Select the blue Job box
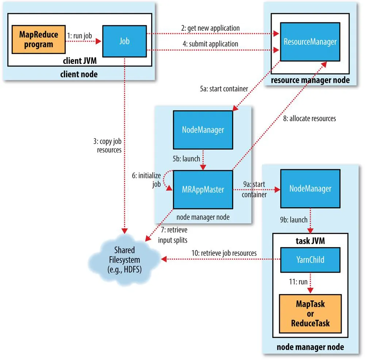pyautogui.click(x=124, y=41)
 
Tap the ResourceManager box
pyautogui.click(x=310, y=41)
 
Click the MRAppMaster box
pyautogui.click(x=203, y=190)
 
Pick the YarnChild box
pyautogui.click(x=310, y=260)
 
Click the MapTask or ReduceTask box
pyautogui.click(x=310, y=313)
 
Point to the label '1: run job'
pyautogui.click(x=79, y=36)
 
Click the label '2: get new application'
pyautogui.click(x=211, y=28)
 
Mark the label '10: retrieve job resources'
pyautogui.click(x=224, y=253)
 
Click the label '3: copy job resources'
pyautogui.click(x=109, y=145)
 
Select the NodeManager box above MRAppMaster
pyautogui.click(x=203, y=130)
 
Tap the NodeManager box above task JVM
pyautogui.click(x=310, y=189)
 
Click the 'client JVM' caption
pyautogui.click(x=84, y=60)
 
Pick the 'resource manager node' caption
pyautogui.click(x=310, y=79)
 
